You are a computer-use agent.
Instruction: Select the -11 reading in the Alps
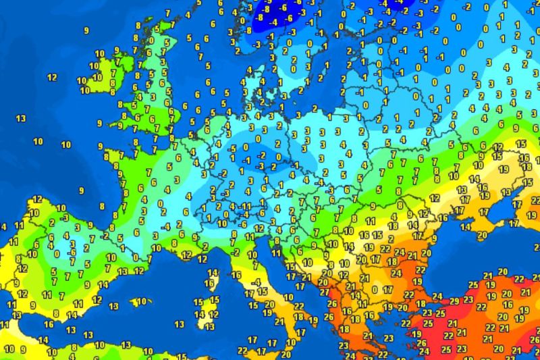[248, 205]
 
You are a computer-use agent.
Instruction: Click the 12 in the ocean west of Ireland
[52, 77]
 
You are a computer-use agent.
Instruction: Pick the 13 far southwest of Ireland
[20, 119]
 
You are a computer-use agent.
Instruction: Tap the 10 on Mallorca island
[140, 301]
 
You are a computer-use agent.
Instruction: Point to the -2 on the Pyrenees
[105, 236]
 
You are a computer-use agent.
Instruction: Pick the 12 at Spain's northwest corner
[37, 199]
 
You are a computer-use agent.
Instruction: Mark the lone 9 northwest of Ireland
[86, 30]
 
